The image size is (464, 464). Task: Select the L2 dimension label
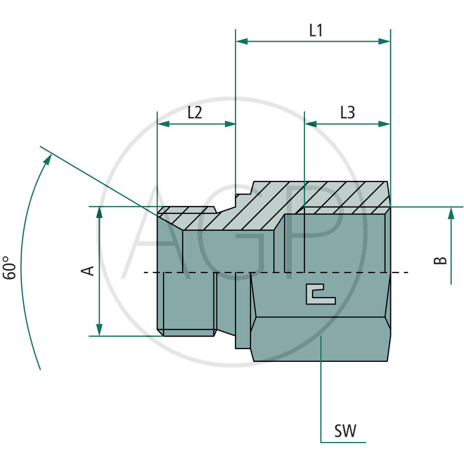coord(194,113)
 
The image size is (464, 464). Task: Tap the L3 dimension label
coord(347,113)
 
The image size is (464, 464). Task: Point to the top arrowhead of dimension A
coord(100,212)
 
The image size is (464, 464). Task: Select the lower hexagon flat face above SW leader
coord(321,338)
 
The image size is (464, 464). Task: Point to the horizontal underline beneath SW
coord(343,442)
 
